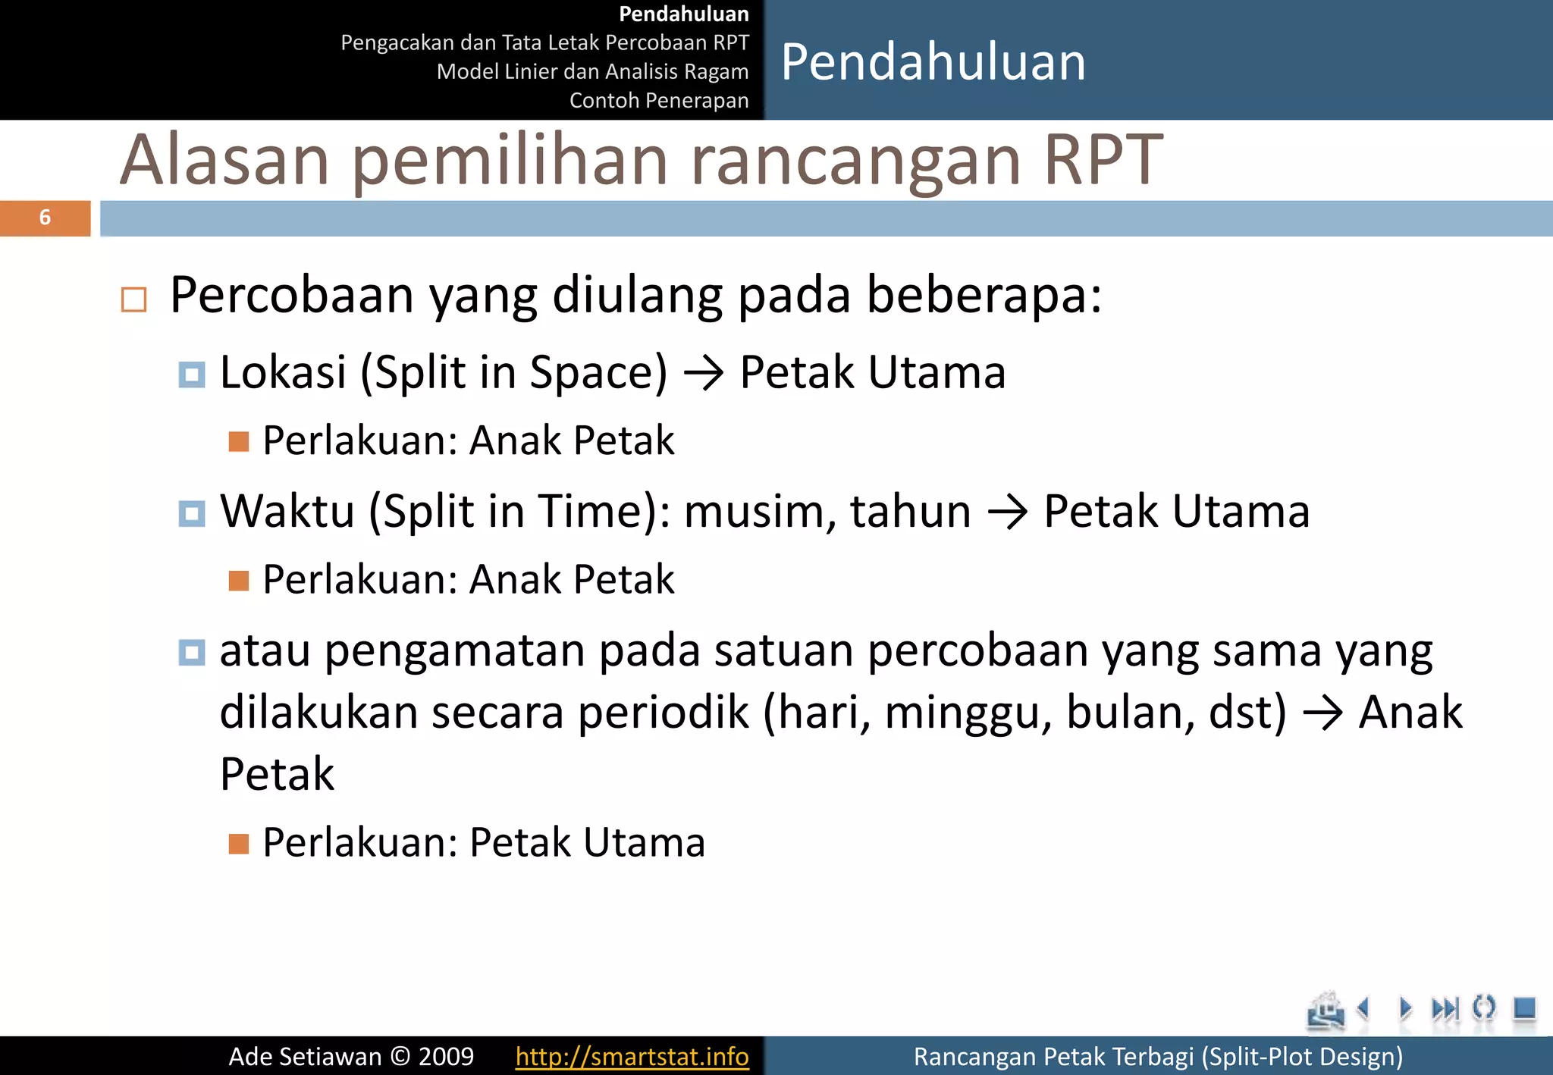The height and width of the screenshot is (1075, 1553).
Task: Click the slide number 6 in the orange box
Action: pyautogui.click(x=45, y=218)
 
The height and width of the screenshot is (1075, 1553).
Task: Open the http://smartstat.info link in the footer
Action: pyautogui.click(x=632, y=1056)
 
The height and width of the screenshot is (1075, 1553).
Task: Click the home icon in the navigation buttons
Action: pyautogui.click(x=1325, y=1011)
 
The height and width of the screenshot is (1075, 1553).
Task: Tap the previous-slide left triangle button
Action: pyautogui.click(x=1364, y=1009)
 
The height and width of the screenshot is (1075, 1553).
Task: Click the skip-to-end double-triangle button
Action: pyautogui.click(x=1445, y=1009)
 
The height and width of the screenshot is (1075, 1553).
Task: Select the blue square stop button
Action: pyautogui.click(x=1524, y=1009)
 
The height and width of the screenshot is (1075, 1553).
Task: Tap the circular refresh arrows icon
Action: pyautogui.click(x=1484, y=1009)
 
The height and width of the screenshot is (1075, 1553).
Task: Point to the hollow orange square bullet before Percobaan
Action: pyautogui.click(x=134, y=299)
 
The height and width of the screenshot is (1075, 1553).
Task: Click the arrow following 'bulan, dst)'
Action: pyautogui.click(x=1322, y=714)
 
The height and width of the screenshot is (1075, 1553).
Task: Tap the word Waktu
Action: pyautogui.click(x=287, y=511)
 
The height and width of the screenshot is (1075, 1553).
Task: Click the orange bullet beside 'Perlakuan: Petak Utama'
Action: pyautogui.click(x=239, y=844)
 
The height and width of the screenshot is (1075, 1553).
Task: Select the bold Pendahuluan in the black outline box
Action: pyautogui.click(x=683, y=14)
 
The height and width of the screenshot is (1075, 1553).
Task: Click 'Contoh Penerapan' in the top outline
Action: pyautogui.click(x=658, y=100)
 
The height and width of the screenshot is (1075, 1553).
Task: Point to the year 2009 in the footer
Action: pyautogui.click(x=446, y=1056)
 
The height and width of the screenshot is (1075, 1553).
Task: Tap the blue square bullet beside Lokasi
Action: pyautogui.click(x=192, y=375)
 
